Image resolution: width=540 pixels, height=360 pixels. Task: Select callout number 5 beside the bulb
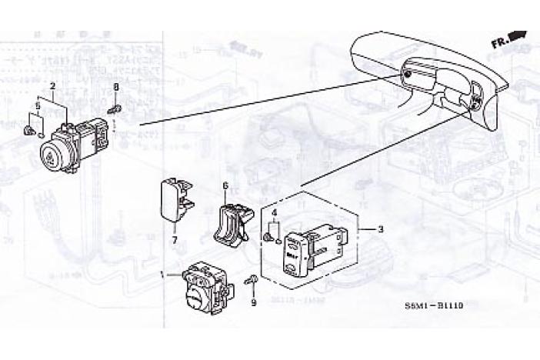[x=37, y=105]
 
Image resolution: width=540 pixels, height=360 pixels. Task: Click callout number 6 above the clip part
[x=225, y=185]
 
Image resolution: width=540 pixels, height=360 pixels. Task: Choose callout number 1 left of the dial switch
[x=161, y=274]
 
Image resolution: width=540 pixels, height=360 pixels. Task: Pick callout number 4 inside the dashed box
[x=274, y=212]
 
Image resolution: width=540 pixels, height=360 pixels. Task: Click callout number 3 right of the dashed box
[x=380, y=229]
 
